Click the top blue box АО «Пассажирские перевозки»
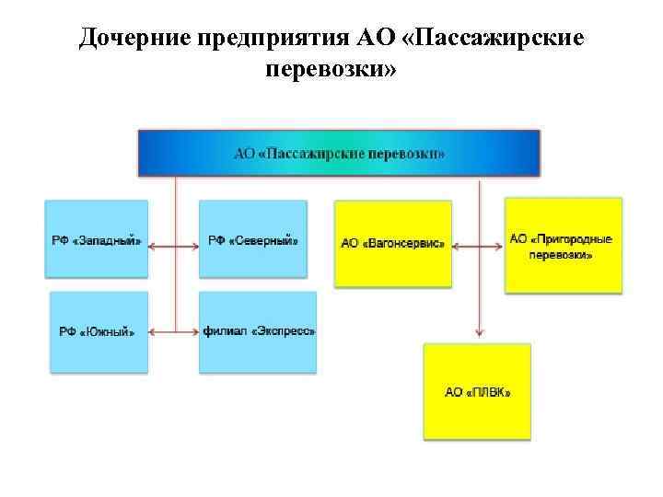click(339, 153)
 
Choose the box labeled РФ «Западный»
click(97, 239)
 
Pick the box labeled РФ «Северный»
click(252, 239)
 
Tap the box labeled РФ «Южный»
click(97, 331)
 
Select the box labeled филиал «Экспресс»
click(258, 331)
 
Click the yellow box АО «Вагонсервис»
click(393, 244)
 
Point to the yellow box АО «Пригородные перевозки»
click(563, 246)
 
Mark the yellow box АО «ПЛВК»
click(477, 391)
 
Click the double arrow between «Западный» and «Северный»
click(173, 246)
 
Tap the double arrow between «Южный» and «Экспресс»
click(173, 331)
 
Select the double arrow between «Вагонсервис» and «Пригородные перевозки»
click(478, 246)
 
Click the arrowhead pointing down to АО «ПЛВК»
click(479, 333)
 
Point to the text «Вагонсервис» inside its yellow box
click(404, 244)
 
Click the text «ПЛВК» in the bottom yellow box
click(489, 391)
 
